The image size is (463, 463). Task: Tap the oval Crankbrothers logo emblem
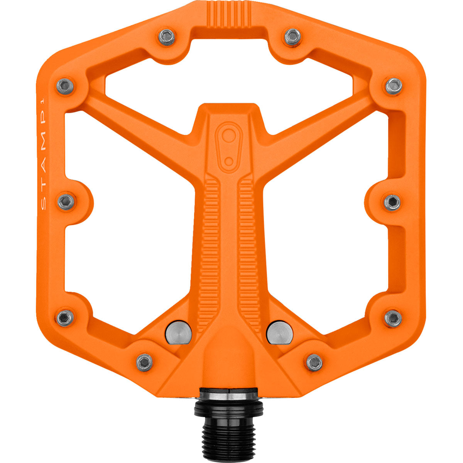point(229,146)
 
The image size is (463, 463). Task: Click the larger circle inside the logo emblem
point(229,136)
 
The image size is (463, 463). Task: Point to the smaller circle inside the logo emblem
point(229,161)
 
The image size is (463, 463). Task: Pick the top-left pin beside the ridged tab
point(167,37)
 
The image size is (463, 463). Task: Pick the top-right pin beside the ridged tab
point(293,37)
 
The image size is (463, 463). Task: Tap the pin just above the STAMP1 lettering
point(65,86)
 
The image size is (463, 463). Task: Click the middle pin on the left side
point(66,201)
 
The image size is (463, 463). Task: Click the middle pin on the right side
point(392,202)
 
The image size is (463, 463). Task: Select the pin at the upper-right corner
point(394,86)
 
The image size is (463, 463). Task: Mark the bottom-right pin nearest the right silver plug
point(314,362)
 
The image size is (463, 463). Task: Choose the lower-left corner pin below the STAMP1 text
point(65,317)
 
